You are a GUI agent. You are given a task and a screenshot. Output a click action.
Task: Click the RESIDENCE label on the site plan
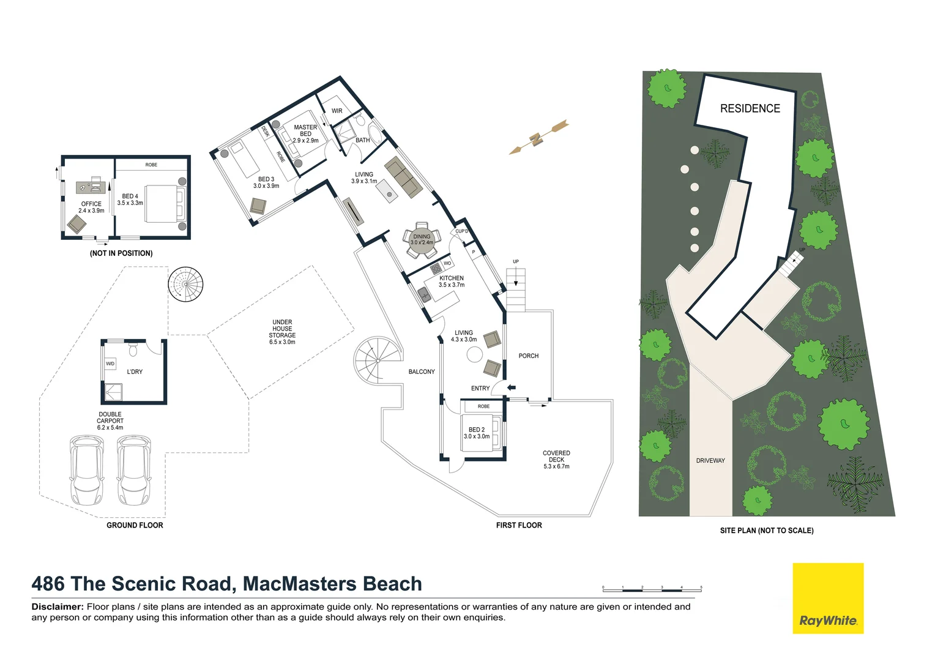[x=750, y=108]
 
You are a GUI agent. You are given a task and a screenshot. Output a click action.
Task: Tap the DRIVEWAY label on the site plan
[x=710, y=460]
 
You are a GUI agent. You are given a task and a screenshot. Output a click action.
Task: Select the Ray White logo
[x=827, y=598]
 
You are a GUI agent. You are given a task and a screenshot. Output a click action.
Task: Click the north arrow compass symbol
[x=538, y=138]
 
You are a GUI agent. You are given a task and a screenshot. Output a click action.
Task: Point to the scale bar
[x=652, y=589]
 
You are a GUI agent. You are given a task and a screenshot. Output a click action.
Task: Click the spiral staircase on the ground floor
[x=185, y=284]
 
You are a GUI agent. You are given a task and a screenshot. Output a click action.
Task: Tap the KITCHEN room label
[x=452, y=278]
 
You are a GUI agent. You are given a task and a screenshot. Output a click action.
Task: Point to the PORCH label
[x=528, y=356]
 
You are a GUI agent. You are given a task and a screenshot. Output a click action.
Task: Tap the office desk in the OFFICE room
[x=91, y=186]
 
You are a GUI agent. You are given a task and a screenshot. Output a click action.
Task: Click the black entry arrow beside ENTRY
[x=512, y=387]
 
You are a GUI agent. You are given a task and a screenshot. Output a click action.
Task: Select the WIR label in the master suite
[x=337, y=111]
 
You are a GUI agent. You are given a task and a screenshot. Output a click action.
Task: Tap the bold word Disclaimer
[x=58, y=607]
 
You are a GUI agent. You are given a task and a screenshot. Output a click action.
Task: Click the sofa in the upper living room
[x=404, y=177]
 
